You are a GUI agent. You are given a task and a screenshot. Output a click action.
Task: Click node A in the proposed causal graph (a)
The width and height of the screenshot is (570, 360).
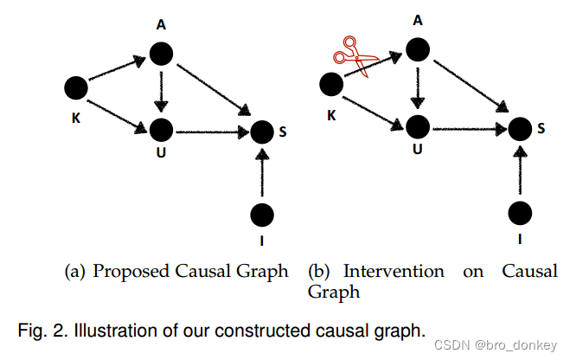[161, 55]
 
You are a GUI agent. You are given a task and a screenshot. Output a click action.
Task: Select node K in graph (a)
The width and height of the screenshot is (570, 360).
[76, 87]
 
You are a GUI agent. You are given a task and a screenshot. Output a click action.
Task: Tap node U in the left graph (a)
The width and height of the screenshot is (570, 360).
[161, 131]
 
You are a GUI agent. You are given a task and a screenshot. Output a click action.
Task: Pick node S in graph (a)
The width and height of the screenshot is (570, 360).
[261, 132]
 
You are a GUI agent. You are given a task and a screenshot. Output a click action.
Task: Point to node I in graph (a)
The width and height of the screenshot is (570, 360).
[261, 213]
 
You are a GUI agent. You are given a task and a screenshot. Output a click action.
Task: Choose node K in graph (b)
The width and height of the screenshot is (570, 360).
[331, 85]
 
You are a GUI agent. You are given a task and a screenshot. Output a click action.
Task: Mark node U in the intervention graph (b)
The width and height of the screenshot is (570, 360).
[419, 127]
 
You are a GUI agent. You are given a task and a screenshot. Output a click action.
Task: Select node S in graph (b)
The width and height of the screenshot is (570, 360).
[519, 129]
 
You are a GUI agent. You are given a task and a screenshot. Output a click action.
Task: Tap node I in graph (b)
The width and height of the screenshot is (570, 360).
[519, 211]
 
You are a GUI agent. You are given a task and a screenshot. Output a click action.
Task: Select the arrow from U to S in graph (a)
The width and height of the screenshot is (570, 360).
[211, 132]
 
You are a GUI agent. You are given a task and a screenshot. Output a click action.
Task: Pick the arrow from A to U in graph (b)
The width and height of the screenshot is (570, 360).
[419, 87]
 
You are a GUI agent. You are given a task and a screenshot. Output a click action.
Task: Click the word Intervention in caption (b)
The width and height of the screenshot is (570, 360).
[394, 272]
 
